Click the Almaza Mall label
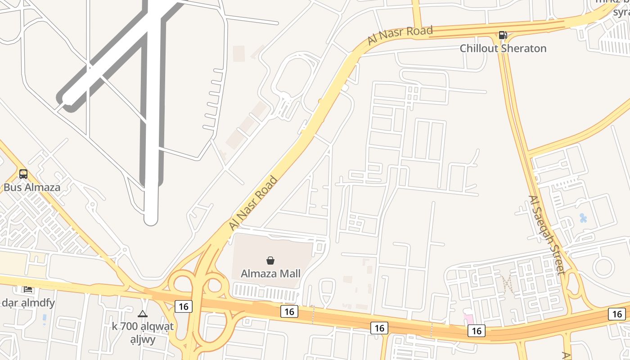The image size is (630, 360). coord(270,274)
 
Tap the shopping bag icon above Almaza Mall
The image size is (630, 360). coord(270,260)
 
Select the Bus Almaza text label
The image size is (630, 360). coord(32,187)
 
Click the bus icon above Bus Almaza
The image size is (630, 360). coord(23,174)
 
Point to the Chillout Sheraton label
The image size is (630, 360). coord(503,48)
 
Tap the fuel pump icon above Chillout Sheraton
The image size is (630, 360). coord(503,35)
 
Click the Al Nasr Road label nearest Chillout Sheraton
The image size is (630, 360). coord(400,35)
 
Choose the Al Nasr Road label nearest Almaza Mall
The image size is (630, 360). coord(253,203)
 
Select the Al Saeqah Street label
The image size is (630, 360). coord(546,234)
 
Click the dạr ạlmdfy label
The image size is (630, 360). coord(28,303)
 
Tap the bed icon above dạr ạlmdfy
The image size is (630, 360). coord(28,289)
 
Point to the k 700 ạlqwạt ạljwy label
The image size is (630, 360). coord(142,333)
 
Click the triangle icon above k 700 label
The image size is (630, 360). coord(143,314)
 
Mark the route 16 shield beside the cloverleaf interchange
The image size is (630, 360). coord(183,306)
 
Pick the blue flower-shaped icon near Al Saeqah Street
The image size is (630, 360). coord(583,219)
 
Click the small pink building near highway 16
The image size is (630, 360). coord(468,318)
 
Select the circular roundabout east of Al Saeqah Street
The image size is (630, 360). coord(603,267)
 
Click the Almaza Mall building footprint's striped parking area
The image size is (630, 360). coord(264,293)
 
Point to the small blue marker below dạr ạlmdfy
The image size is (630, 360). coord(44,319)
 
